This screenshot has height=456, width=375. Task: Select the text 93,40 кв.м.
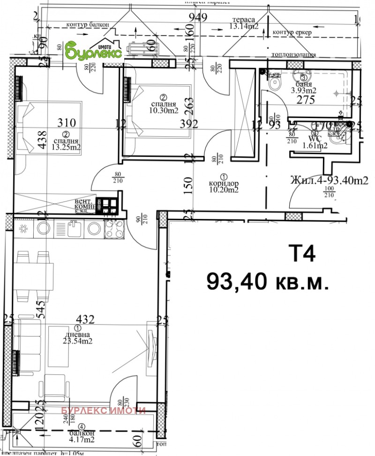click(x=266, y=281)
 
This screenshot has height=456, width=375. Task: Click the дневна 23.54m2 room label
click(x=77, y=337)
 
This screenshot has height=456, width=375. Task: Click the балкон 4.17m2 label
click(x=82, y=437)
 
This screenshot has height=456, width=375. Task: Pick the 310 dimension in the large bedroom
click(x=67, y=123)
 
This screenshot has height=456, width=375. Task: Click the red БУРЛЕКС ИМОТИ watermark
click(x=104, y=411)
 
